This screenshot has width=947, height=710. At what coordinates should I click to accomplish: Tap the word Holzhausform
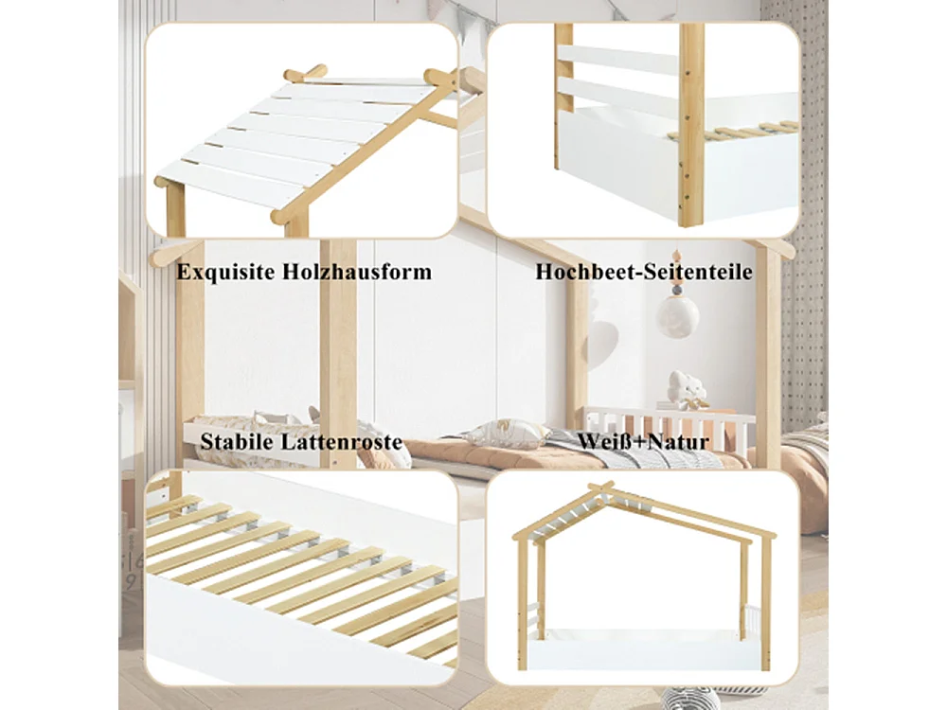[357, 273]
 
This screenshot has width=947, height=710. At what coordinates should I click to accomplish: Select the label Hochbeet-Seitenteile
[644, 273]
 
